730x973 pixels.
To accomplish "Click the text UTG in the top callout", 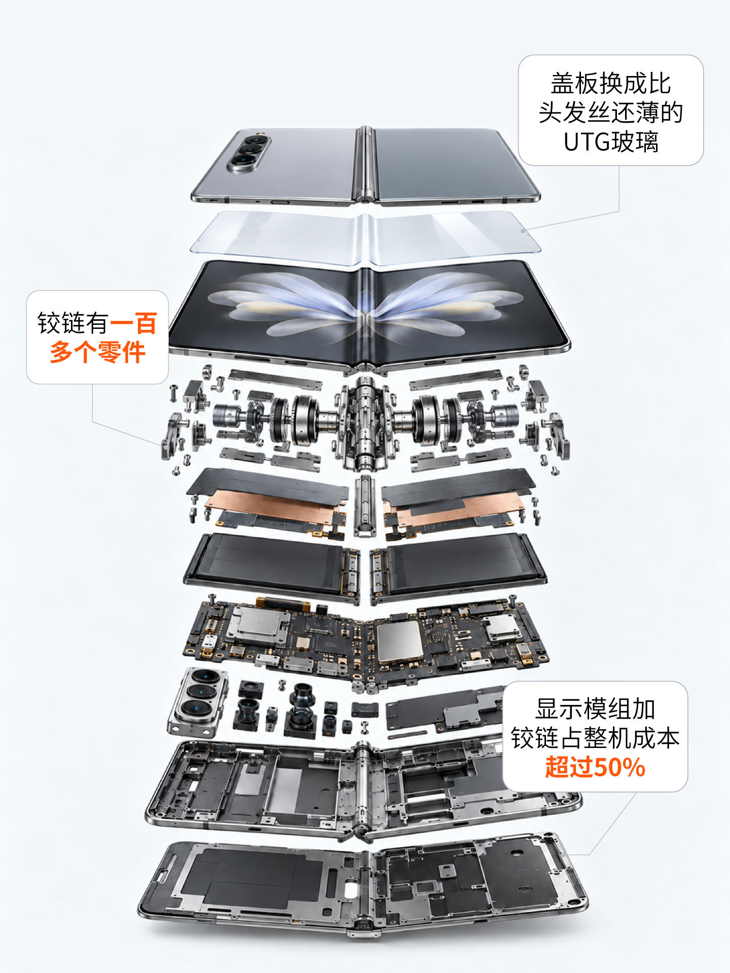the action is (x=587, y=142).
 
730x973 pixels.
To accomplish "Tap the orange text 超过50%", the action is (x=595, y=767).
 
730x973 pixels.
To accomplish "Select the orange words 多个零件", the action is (x=98, y=352).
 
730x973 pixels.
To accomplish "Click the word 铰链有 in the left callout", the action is (x=73, y=323).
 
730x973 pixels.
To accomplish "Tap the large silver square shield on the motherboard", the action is (x=399, y=641).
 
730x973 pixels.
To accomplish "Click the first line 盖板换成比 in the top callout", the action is (x=611, y=84).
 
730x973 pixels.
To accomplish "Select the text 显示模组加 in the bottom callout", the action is (x=595, y=709).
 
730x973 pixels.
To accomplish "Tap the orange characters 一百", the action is (x=133, y=323).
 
